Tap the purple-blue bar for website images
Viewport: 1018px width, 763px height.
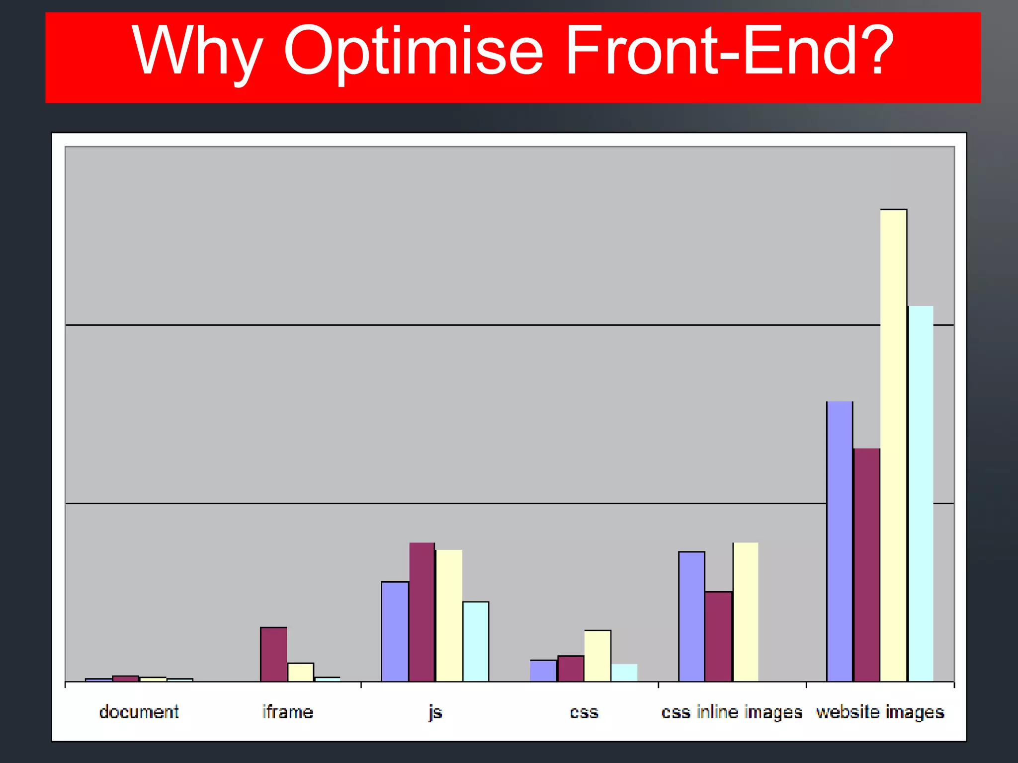point(840,541)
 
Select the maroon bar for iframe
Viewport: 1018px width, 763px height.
point(273,654)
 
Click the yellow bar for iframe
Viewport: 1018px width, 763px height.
point(301,672)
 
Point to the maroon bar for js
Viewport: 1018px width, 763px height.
point(422,612)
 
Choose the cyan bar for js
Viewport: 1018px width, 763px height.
point(476,641)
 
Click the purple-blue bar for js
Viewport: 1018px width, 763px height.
point(395,631)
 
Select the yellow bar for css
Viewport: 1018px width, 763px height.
point(597,656)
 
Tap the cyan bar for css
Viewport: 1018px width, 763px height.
point(624,673)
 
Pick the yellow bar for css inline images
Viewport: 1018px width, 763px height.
point(746,612)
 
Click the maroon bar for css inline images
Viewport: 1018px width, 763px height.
point(718,636)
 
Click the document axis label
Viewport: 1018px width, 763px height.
point(139,712)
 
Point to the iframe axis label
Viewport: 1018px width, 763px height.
point(287,712)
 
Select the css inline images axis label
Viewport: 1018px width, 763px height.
point(732,712)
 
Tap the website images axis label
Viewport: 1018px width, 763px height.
point(880,712)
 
